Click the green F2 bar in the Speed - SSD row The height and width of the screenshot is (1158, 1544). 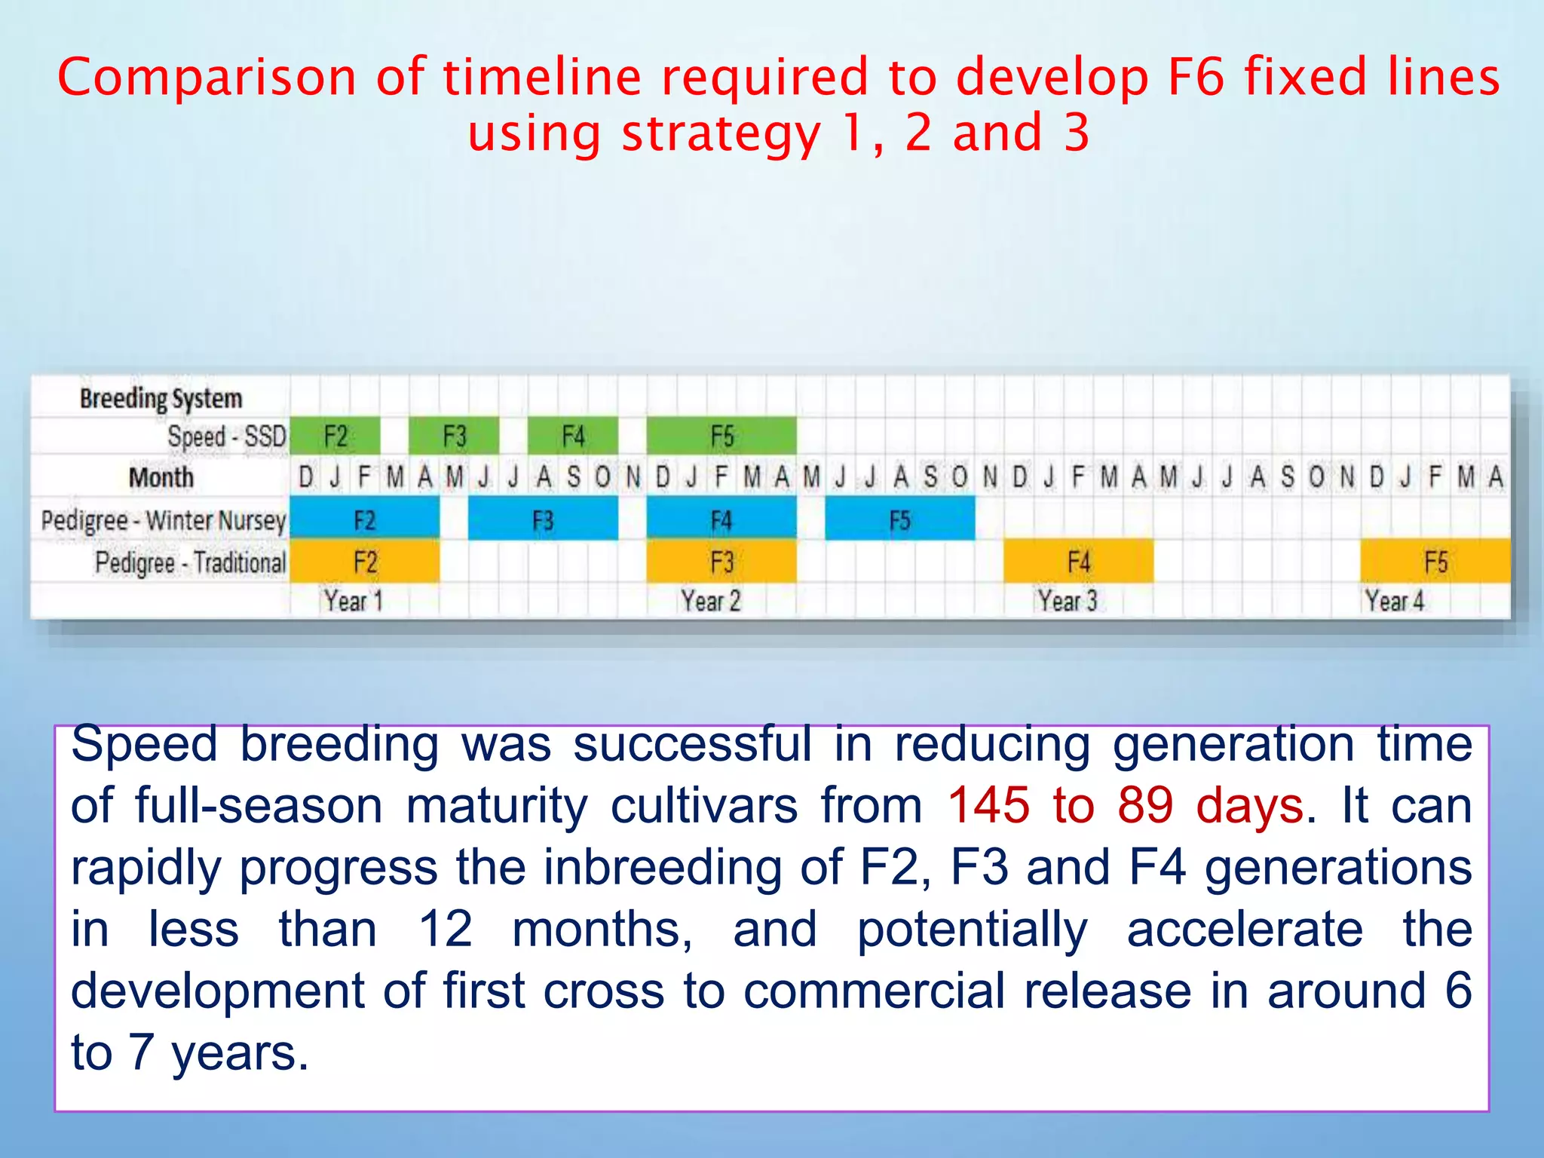335,436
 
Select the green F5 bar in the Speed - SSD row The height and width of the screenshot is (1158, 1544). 721,436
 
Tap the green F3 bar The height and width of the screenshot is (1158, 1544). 454,436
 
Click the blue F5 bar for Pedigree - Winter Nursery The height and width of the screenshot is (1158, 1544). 899,520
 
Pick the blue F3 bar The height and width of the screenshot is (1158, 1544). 543,520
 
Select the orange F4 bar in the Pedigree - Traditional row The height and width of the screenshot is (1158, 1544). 1078,562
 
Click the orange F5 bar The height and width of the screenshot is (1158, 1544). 1435,562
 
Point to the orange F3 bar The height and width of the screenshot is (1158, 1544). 721,562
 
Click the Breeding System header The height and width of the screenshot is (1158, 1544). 161,398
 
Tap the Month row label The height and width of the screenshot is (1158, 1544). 161,477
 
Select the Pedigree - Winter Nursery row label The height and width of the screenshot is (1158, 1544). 164,520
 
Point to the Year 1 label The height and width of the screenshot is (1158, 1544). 353,601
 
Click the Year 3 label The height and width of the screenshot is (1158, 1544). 1067,601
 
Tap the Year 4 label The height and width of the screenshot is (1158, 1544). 1394,601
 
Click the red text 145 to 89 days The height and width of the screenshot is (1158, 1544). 1125,805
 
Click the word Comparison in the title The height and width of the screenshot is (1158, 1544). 207,77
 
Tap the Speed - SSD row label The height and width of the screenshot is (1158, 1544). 226,437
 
